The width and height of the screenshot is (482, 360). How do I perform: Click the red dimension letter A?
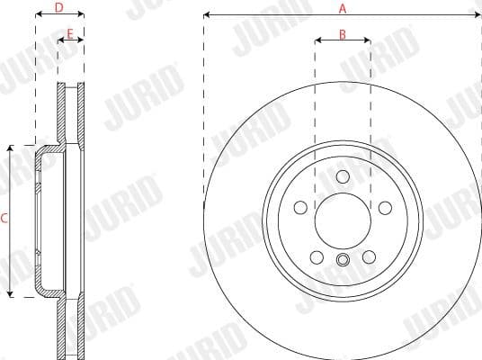[x=342, y=8]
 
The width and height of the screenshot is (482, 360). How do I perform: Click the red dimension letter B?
[x=343, y=33]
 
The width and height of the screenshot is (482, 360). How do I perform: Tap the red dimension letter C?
[x=4, y=218]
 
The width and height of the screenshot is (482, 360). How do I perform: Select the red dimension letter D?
[x=58, y=8]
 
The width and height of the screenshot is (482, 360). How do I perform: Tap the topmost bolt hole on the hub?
[x=343, y=176]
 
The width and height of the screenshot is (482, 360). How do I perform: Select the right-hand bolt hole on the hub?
[x=384, y=208]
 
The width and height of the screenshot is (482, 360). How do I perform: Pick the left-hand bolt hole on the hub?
[x=301, y=208]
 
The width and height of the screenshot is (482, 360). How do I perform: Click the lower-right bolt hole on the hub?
[x=368, y=258]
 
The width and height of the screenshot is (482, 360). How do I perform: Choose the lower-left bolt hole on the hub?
[x=317, y=258]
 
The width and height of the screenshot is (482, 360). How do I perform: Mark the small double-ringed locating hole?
[x=343, y=262]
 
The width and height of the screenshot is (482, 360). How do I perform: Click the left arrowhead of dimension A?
[x=207, y=15]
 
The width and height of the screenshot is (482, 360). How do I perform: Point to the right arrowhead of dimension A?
[x=477, y=15]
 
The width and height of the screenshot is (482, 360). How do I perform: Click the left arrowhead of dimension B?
[x=317, y=40]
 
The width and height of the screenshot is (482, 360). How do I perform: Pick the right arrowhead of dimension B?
[x=369, y=40]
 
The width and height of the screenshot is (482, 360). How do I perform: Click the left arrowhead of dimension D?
[x=38, y=15]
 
